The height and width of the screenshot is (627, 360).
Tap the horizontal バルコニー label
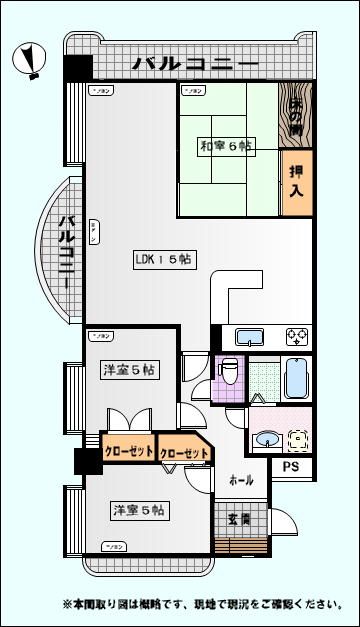pos(196,65)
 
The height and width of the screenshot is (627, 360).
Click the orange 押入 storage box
pos(296,182)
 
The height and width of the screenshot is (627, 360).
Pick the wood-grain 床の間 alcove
pos(298,116)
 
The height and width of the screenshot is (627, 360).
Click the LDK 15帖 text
pos(164,259)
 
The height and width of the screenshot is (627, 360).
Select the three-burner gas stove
pos(297,336)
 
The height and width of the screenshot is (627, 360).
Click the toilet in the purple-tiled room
pos(229,373)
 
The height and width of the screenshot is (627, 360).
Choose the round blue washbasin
pos(268,437)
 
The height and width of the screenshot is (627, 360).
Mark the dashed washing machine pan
pos(299,438)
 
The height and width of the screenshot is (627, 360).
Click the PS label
pos(291,466)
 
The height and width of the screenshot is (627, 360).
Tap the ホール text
pos(240,479)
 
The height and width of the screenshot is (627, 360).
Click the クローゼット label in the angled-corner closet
pos(185,453)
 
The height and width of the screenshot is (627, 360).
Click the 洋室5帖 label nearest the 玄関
pos(138,511)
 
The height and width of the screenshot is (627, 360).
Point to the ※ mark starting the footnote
pos(68,605)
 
